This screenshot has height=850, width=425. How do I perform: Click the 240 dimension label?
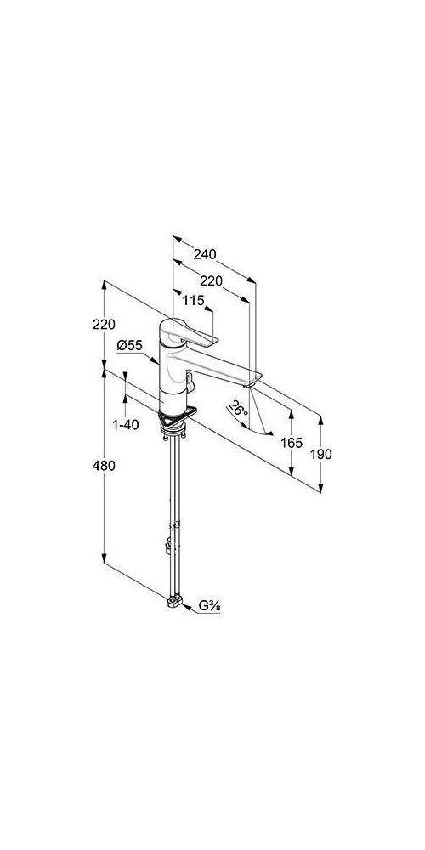pos(204,254)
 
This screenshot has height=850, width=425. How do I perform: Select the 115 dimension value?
pos(193,301)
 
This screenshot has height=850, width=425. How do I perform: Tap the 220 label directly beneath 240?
pos(211,280)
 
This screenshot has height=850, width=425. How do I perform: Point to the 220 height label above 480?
pos(104,324)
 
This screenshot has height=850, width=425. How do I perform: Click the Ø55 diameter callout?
pos(129,345)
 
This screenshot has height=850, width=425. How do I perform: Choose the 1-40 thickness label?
pos(125,424)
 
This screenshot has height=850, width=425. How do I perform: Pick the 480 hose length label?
pos(104,465)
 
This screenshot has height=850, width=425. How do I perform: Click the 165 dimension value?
pos(292,443)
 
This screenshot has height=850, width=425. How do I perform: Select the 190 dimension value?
pos(321,454)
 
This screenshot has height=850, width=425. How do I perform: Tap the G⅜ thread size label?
pos(209,607)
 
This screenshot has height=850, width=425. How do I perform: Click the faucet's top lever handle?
pos(190,333)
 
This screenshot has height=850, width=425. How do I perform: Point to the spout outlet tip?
pos(249,385)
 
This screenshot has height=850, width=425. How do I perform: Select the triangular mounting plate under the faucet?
pos(177,417)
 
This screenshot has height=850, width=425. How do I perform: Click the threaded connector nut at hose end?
pos(173,602)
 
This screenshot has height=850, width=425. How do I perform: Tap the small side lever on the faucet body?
pos(189,381)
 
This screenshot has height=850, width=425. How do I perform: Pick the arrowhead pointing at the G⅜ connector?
pos(185,607)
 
